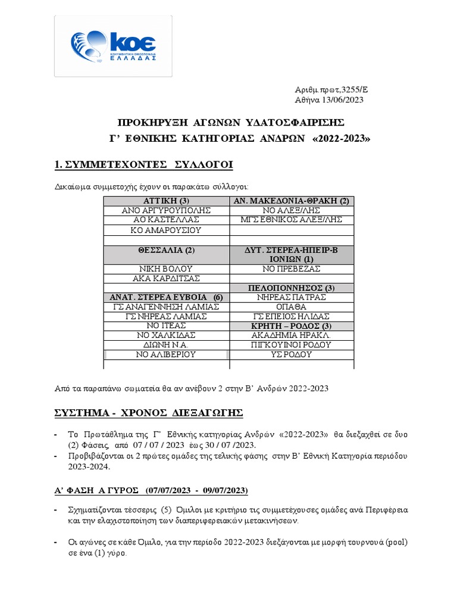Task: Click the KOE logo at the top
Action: (x=113, y=46)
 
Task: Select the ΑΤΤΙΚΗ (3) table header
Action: (x=167, y=200)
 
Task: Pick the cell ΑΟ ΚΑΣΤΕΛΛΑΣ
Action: (x=167, y=220)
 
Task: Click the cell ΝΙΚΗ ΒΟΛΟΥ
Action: (x=167, y=269)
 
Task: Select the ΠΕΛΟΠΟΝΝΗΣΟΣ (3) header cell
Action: (x=292, y=288)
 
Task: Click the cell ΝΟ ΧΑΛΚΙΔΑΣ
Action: (x=167, y=335)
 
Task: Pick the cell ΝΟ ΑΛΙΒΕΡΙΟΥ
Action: (x=167, y=354)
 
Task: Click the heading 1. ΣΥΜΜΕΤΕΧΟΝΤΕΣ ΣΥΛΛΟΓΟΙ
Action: (x=140, y=164)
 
